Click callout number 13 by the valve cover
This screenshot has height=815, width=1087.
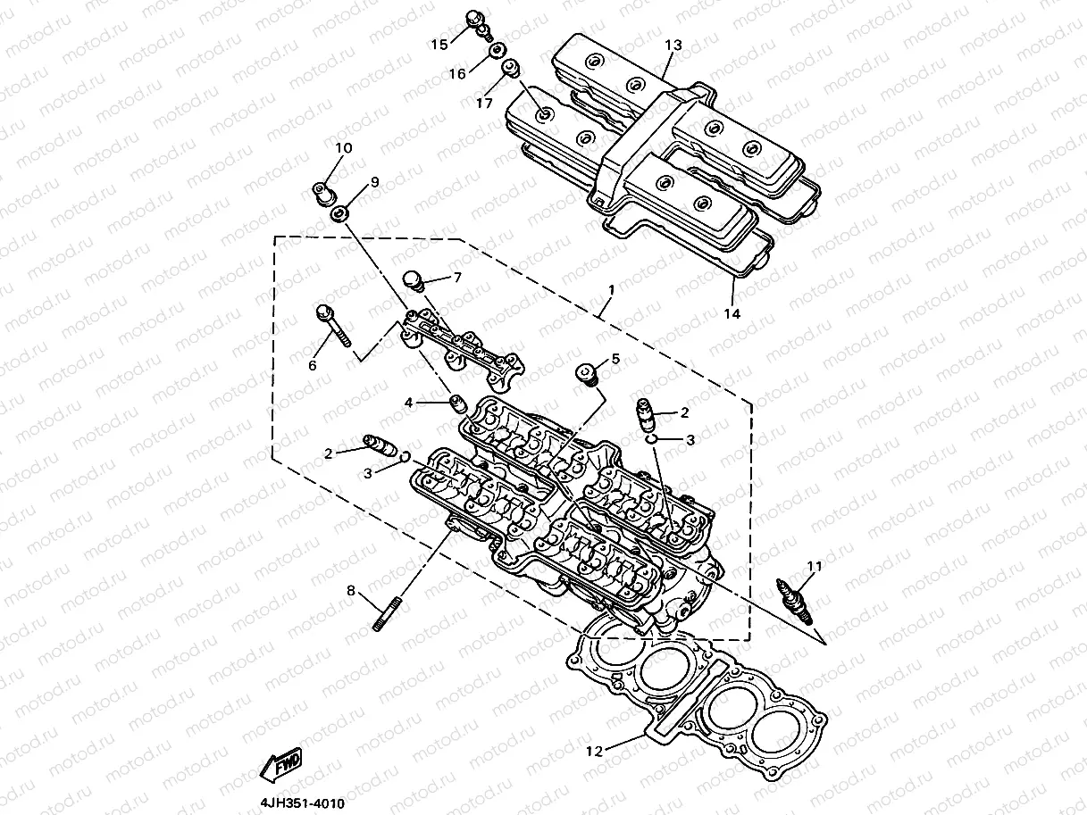[673, 45]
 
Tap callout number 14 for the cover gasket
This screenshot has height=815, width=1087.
[732, 313]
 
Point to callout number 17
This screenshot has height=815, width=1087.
[484, 104]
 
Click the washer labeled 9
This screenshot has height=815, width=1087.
[341, 215]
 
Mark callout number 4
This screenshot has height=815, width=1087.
[408, 403]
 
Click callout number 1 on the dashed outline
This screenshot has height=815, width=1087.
[610, 291]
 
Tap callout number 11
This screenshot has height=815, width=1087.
[813, 564]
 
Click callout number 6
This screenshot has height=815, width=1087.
[313, 365]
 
